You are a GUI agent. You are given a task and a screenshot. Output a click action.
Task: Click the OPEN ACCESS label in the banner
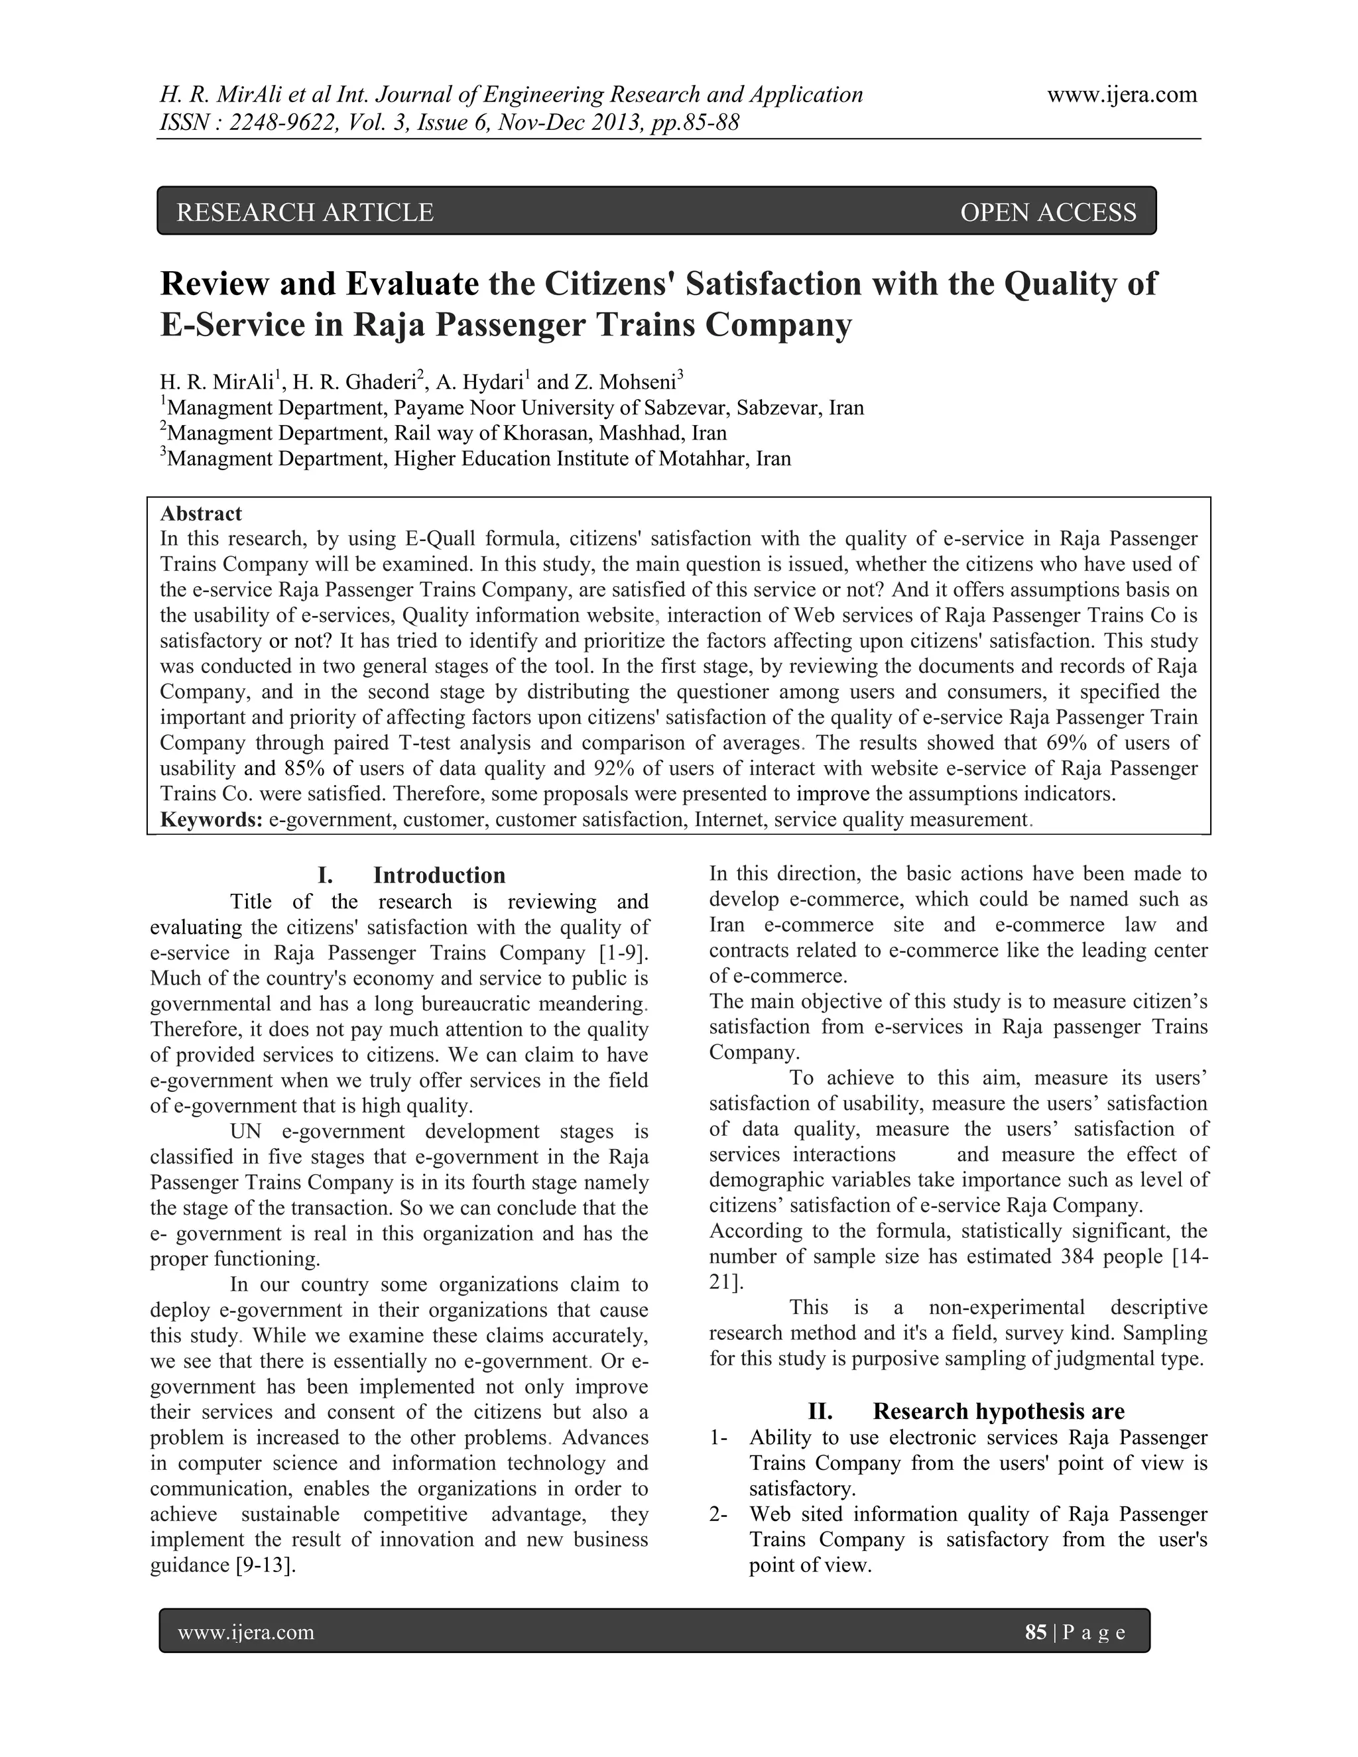pos(1048,212)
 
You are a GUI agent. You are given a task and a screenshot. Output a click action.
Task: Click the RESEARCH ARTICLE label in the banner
pos(305,212)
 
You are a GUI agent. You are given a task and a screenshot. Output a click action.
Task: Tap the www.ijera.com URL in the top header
pos(1121,95)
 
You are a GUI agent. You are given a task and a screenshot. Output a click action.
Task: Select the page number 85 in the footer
pos(1035,1632)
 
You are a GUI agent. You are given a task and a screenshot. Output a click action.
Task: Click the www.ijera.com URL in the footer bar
pos(245,1632)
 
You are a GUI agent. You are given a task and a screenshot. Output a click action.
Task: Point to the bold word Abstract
pos(201,513)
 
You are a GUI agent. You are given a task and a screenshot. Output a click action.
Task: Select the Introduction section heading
pos(438,875)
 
